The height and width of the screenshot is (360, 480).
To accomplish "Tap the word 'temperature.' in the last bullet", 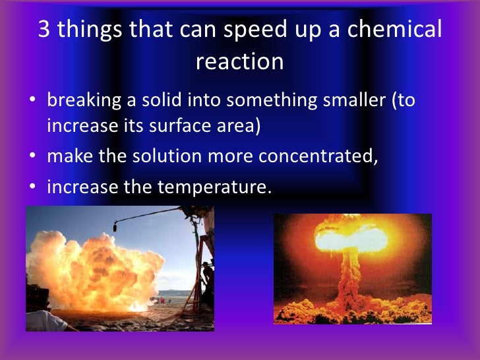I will pyautogui.click(x=214, y=187).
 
